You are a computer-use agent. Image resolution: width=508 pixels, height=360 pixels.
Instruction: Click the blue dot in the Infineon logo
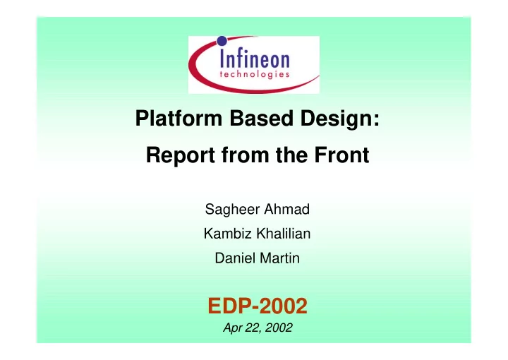(x=222, y=41)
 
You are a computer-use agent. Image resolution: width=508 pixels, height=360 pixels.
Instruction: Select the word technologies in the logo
(x=254, y=74)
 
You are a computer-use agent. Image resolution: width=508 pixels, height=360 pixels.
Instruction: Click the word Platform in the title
(x=179, y=118)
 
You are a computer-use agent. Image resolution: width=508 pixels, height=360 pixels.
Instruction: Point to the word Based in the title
(x=261, y=118)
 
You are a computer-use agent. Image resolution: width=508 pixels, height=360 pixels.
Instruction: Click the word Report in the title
(x=180, y=155)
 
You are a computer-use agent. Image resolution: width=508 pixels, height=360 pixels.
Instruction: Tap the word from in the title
(x=245, y=155)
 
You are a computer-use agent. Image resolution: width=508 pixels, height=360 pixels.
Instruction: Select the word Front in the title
(x=341, y=155)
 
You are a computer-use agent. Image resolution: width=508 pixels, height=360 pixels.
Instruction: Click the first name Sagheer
(x=232, y=210)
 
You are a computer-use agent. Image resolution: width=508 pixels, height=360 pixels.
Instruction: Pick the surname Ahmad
(x=286, y=209)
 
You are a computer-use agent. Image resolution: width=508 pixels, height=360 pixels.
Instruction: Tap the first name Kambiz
(x=227, y=234)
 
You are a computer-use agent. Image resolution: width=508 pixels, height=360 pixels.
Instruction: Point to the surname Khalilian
(x=284, y=234)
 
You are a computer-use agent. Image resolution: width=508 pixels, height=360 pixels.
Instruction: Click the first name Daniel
(x=235, y=258)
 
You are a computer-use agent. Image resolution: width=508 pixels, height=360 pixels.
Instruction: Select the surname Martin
(x=279, y=258)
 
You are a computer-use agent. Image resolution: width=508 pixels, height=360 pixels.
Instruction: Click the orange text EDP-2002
(x=258, y=306)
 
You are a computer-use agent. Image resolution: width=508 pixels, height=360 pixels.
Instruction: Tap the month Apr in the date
(x=232, y=328)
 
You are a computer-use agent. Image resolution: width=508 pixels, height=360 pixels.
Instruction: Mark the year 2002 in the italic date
(x=279, y=328)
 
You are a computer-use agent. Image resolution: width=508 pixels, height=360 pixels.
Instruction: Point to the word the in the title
(x=291, y=155)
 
